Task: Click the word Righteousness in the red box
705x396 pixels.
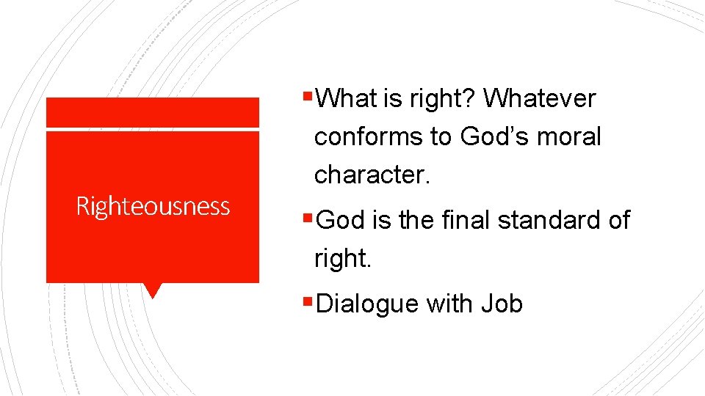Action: pos(153,206)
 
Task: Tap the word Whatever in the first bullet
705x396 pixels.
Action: pos(540,98)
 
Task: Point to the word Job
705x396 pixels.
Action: pos(502,304)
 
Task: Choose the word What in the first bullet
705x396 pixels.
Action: pos(349,98)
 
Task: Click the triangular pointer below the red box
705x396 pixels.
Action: pos(153,290)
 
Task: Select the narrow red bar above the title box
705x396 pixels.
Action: pos(153,112)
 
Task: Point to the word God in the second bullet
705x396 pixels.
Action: pos(341,220)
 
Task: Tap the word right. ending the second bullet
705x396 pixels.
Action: pos(342,259)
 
